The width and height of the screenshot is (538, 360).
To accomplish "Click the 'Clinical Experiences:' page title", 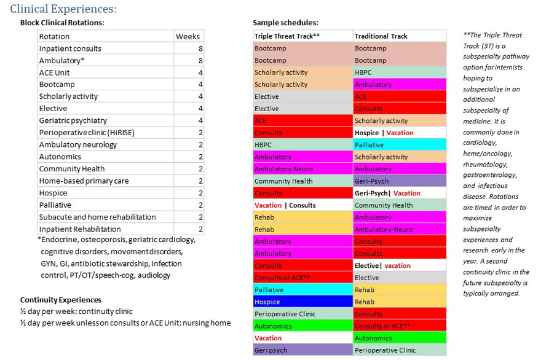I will [x=63, y=9].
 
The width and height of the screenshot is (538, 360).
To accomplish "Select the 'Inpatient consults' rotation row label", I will [x=70, y=49].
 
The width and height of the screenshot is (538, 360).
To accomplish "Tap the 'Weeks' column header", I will [x=188, y=36].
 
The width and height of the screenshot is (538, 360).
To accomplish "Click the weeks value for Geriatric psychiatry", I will [x=200, y=120].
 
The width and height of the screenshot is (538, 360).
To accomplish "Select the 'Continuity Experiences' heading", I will [x=61, y=300].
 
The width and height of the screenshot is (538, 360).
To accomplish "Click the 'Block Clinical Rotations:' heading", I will [x=62, y=23].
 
